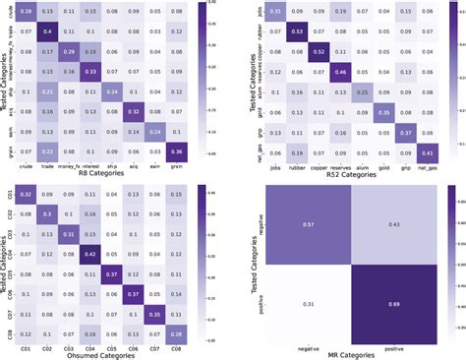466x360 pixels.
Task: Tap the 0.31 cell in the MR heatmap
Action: coord(309,299)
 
